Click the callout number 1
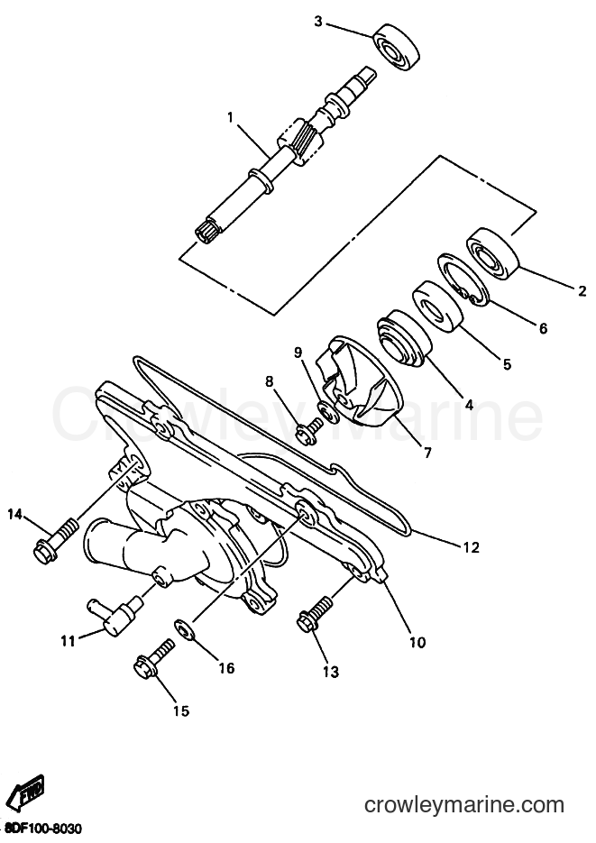(230, 117)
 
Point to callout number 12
(471, 547)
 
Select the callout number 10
(417, 642)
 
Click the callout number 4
(469, 405)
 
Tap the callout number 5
(506, 364)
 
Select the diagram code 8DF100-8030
(41, 829)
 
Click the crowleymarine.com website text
(463, 805)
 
